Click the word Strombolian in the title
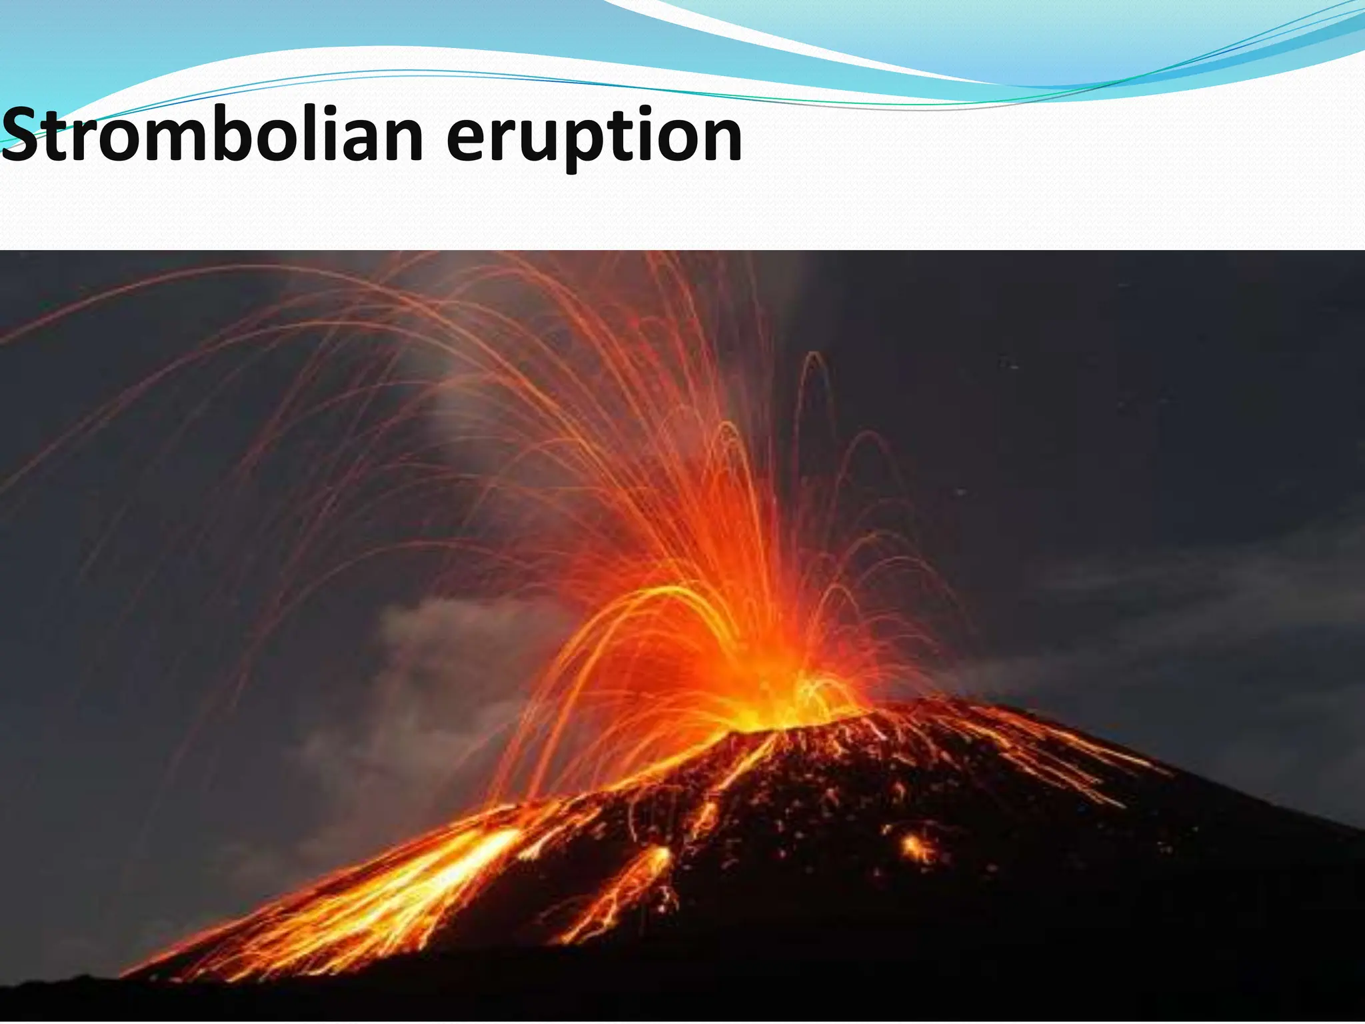click(212, 137)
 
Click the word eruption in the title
click(593, 140)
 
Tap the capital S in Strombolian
click(23, 135)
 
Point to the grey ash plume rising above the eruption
click(467, 373)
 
